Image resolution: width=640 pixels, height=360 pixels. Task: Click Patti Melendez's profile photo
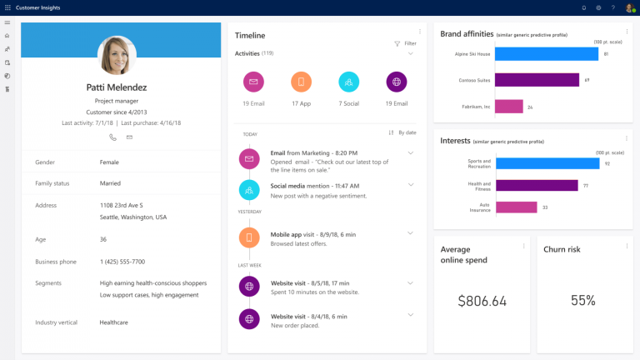click(117, 56)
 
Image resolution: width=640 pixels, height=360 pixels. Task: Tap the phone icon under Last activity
click(112, 137)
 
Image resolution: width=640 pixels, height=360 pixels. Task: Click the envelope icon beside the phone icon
click(129, 137)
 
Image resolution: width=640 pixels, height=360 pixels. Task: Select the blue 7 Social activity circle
click(349, 82)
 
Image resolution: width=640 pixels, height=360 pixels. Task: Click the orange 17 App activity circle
click(302, 82)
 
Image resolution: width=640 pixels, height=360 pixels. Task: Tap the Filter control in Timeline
click(405, 43)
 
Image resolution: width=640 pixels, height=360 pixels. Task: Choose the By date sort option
click(402, 132)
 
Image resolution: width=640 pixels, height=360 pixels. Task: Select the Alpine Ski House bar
click(546, 54)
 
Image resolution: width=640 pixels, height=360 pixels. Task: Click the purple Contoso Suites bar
click(537, 80)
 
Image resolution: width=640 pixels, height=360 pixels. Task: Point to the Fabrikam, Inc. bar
click(509, 107)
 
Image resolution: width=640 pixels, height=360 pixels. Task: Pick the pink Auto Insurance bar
click(516, 207)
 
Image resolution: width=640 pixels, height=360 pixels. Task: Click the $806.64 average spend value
click(482, 301)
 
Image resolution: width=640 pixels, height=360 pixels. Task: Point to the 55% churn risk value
click(583, 301)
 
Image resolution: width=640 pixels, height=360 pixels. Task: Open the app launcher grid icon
click(7, 7)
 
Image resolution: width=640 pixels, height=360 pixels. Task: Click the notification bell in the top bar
click(583, 7)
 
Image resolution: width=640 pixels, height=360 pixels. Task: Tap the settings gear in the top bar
click(598, 7)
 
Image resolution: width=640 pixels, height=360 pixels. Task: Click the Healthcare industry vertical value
click(114, 322)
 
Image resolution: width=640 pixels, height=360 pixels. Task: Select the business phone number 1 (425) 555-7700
click(122, 262)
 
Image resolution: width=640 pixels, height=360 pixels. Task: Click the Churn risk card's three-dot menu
click(626, 246)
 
